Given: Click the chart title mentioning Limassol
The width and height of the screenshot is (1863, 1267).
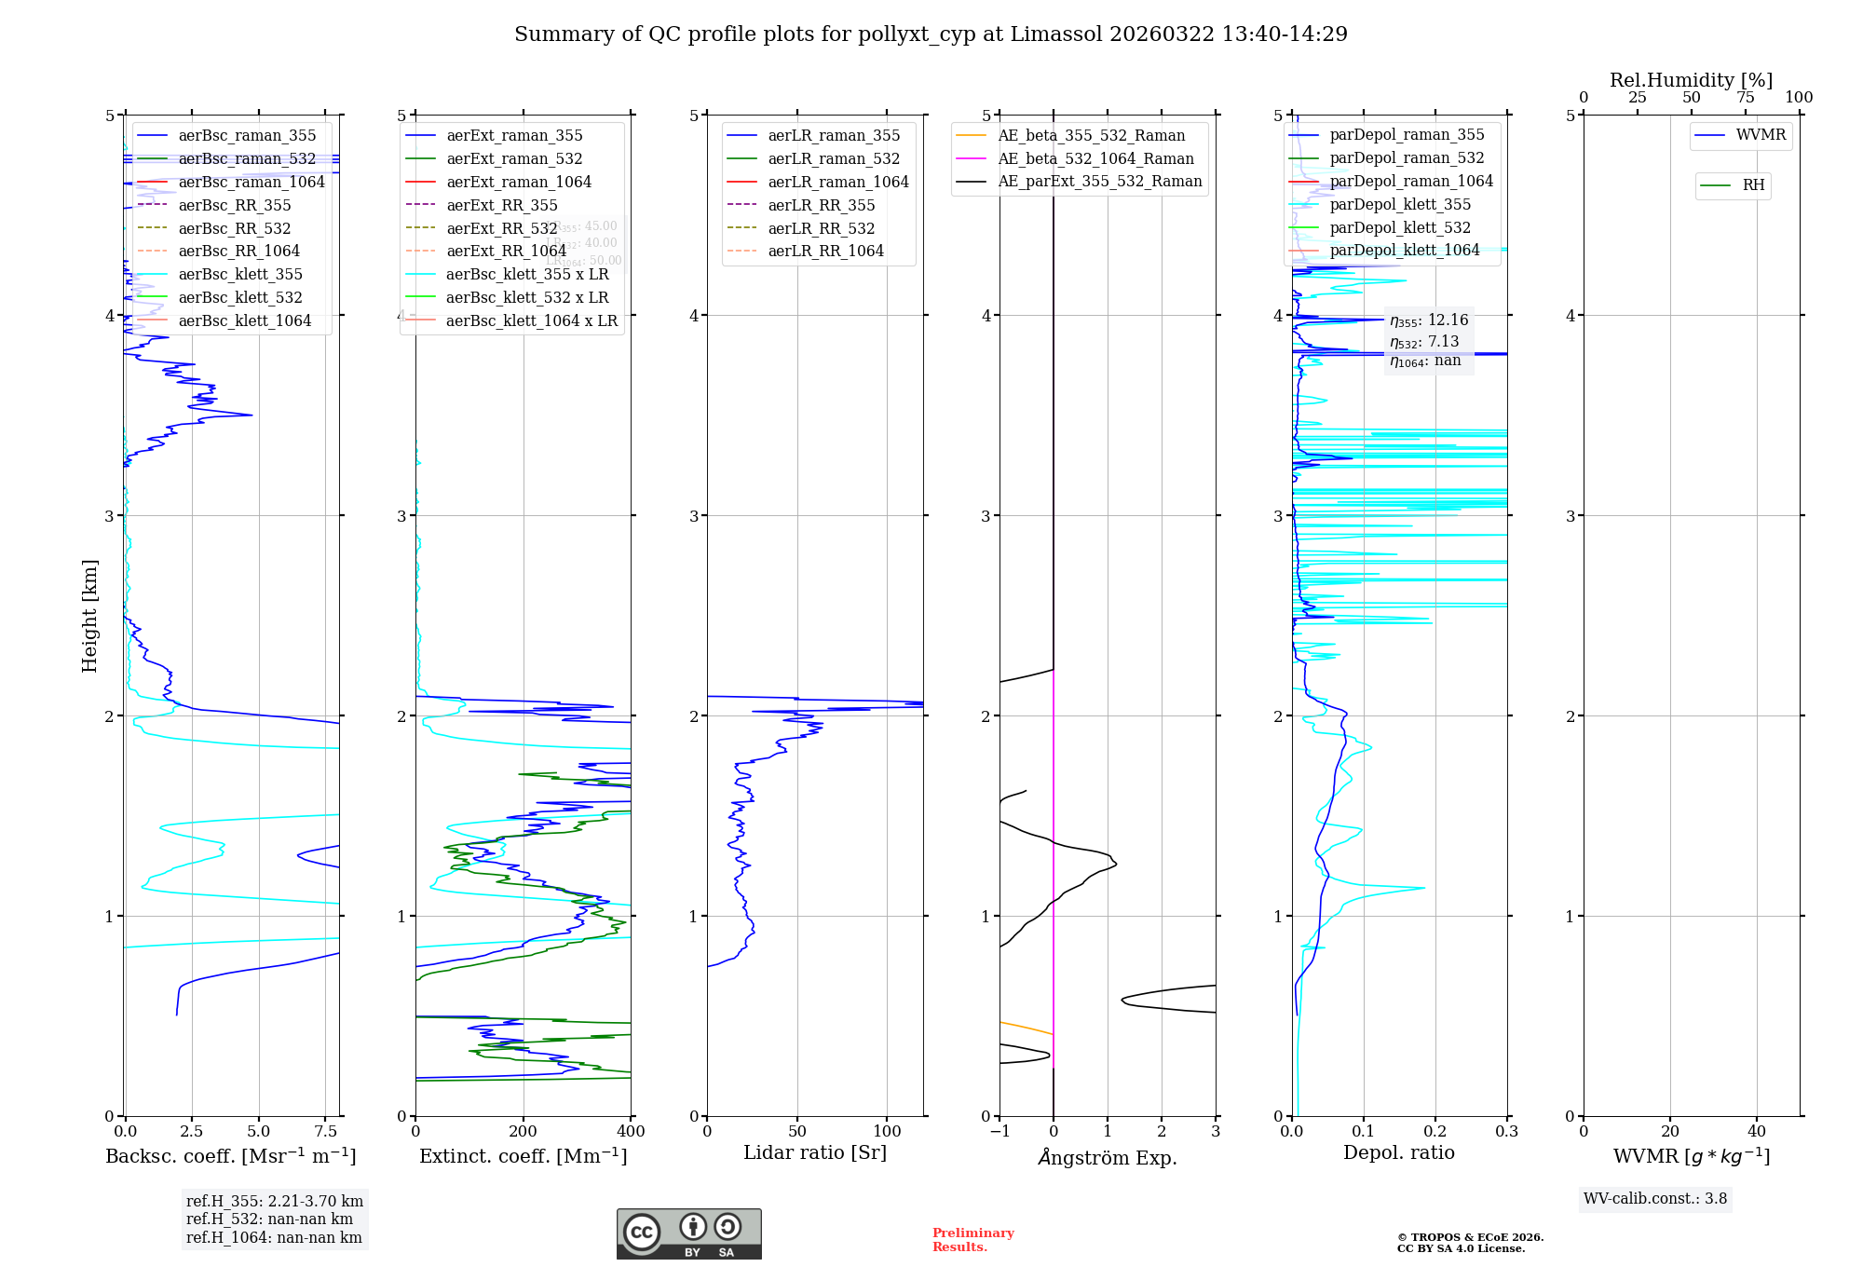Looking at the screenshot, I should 931,34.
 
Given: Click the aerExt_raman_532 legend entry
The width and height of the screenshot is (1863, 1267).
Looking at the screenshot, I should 514,159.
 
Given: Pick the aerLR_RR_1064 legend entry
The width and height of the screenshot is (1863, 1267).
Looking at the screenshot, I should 825,252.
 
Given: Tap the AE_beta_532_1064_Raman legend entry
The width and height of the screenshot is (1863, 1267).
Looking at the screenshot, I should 1095,159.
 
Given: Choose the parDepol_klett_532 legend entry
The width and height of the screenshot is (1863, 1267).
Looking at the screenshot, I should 1399,228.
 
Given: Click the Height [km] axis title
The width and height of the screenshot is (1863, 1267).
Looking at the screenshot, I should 89,616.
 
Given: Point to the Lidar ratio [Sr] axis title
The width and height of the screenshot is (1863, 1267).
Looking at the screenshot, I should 815,1153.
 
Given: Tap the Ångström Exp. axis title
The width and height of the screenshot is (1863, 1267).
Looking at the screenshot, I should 1108,1158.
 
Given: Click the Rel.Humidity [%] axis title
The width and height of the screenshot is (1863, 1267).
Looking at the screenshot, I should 1691,80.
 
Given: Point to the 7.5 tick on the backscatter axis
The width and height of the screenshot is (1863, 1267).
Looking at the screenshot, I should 326,1132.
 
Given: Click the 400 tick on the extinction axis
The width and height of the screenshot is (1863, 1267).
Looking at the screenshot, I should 632,1132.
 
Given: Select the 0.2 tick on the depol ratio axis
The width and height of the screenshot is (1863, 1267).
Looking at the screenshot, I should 1435,1132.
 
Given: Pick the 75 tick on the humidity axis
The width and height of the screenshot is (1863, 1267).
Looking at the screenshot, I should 1745,98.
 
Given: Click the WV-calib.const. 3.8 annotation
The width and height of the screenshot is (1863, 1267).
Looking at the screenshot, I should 1655,1199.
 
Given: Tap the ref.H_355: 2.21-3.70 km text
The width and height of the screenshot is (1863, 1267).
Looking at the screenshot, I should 275,1202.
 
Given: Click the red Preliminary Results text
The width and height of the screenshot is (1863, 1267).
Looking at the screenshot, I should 972,1240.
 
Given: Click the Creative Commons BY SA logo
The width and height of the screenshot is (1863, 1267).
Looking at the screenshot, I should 688,1234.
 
